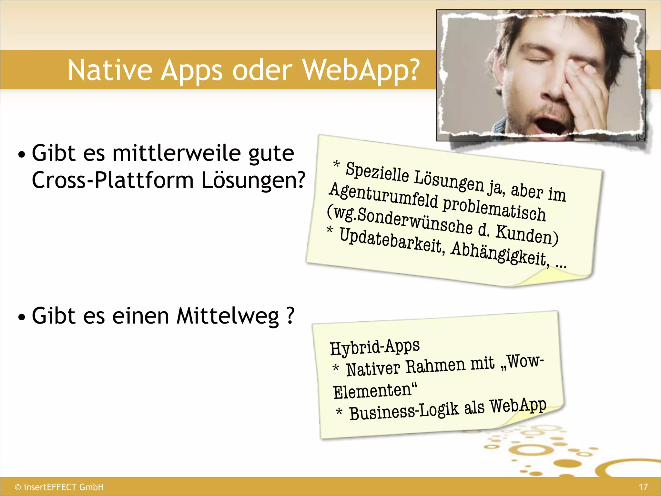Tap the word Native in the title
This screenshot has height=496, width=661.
pos(110,70)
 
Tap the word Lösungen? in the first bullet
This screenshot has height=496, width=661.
pos(253,180)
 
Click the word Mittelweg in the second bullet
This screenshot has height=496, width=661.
pos(228,316)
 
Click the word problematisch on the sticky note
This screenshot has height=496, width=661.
pos(494,209)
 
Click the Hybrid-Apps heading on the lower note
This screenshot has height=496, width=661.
pos(375,346)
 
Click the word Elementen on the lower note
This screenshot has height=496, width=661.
pos(372,391)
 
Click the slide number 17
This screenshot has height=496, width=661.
pos(643,487)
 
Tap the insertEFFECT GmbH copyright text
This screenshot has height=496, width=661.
pos(60,487)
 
